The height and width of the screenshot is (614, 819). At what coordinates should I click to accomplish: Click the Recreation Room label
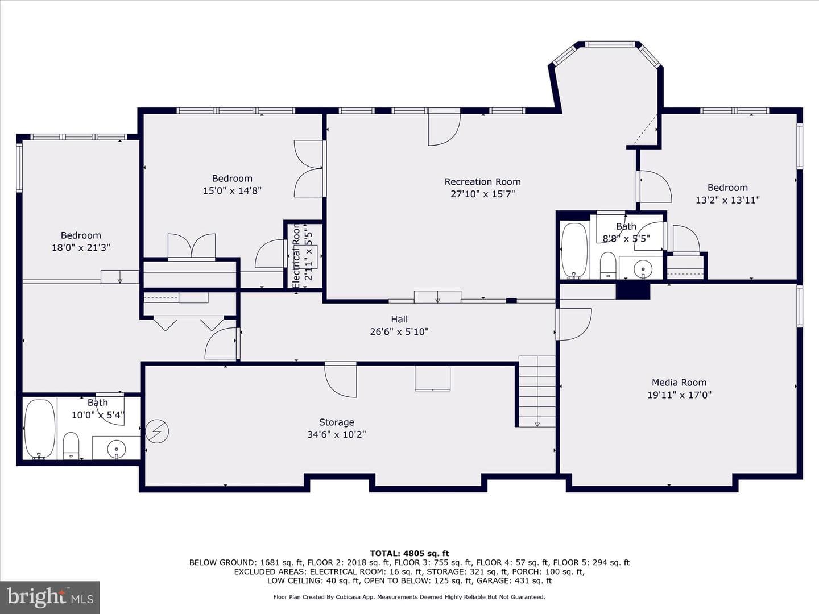[x=482, y=182]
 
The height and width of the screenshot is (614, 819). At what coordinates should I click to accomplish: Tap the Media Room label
[x=679, y=383]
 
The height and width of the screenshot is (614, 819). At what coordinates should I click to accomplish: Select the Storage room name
[x=337, y=422]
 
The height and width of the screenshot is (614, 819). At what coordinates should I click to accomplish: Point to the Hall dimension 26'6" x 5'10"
[x=399, y=332]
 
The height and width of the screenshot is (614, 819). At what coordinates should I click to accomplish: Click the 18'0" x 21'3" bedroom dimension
[x=81, y=247]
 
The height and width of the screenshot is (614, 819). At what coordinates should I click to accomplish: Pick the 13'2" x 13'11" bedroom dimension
[x=727, y=200]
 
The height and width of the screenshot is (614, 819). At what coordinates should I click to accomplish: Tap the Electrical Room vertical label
[x=296, y=256]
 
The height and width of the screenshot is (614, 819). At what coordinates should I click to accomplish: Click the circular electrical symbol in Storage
[x=157, y=432]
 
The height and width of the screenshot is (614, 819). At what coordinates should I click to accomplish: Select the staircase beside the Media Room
[x=537, y=391]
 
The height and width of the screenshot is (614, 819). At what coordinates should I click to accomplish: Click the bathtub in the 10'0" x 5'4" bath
[x=40, y=428]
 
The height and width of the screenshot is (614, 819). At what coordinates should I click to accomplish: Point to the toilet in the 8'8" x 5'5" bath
[x=608, y=265]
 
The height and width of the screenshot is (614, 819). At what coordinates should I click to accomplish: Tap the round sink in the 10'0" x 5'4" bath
[x=117, y=449]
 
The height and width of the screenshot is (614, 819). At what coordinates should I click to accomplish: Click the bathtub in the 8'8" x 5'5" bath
[x=575, y=251]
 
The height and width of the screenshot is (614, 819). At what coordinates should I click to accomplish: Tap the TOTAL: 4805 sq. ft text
[x=409, y=553]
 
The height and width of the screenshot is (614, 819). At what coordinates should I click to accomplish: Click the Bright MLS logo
[x=50, y=597]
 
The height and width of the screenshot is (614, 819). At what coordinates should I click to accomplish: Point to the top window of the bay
[x=610, y=44]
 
